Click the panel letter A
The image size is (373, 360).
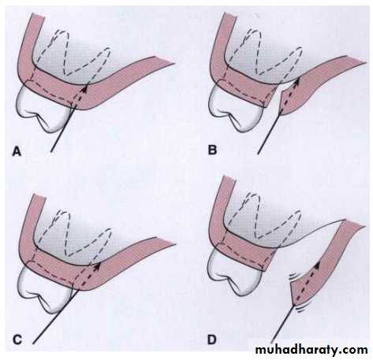[17, 151]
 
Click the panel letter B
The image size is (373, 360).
[212, 150]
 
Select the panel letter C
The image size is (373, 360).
[17, 340]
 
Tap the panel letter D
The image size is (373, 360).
[212, 340]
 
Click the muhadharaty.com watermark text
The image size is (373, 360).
[311, 350]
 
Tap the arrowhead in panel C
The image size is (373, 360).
[97, 266]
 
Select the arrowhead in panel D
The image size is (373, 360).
[317, 265]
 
